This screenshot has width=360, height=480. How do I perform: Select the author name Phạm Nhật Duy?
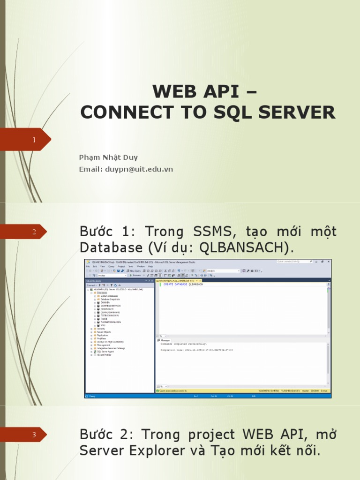[108, 157]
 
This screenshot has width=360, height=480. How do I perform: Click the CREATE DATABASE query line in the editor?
[183, 285]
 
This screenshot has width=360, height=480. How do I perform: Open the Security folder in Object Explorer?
[100, 329]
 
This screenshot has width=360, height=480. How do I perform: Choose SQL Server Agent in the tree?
[105, 352]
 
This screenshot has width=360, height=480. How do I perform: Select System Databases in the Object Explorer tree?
[109, 296]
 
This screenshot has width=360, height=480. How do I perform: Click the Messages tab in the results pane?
[166, 340]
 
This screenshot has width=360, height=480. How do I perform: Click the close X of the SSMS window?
[329, 262]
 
